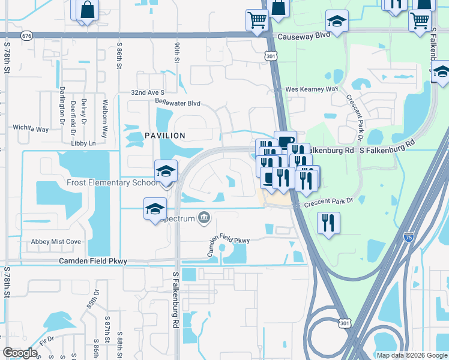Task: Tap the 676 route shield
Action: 26,37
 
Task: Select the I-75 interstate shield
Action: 408,237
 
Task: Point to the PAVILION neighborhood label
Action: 165,136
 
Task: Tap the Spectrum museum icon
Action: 204,218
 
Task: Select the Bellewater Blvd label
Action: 178,103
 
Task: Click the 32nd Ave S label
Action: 148,93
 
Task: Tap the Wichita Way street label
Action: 31,129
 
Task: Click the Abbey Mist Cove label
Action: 56,242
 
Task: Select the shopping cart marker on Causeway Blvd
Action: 257,20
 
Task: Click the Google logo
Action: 20,353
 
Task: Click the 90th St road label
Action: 177,52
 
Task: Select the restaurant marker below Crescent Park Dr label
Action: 328,223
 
